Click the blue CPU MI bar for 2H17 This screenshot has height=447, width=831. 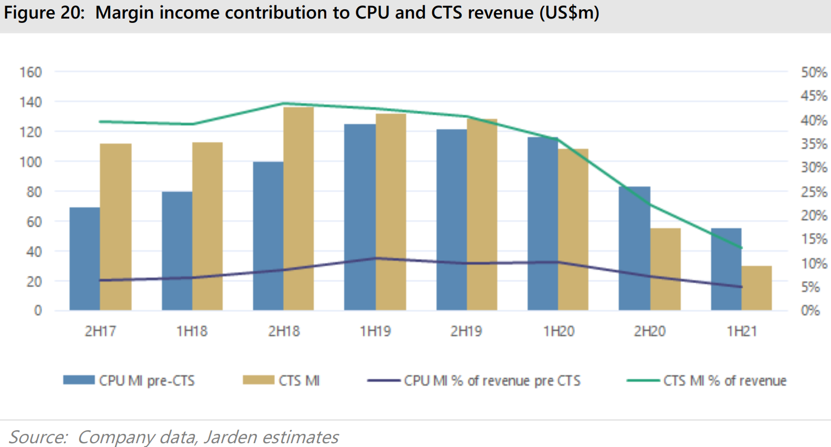click(85, 259)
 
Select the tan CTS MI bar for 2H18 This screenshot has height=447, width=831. click(298, 209)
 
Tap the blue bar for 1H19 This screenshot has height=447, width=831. click(360, 217)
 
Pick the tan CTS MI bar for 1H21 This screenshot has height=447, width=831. click(756, 288)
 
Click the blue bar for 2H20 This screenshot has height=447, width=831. click(634, 249)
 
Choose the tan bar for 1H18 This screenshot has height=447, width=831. click(207, 227)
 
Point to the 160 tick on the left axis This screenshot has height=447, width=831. click(31, 72)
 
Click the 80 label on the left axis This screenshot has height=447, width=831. click(34, 192)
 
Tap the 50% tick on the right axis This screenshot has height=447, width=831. click(814, 72)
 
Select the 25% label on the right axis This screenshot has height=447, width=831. click(814, 192)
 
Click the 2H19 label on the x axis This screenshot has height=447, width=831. click(466, 331)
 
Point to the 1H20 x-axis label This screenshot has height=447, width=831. click(558, 331)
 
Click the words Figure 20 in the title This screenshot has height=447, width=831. click(44, 13)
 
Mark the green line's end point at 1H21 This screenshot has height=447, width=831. click(741, 248)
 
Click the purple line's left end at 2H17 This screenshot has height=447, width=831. click(100, 280)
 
